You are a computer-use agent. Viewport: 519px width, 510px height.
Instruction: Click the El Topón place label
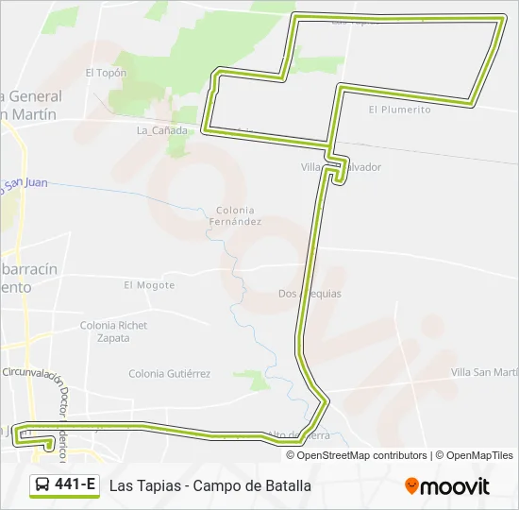105,72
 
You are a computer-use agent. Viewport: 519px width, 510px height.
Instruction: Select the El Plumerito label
399,110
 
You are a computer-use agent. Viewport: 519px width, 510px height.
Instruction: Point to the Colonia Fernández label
235,215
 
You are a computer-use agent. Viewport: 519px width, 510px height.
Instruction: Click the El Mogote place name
149,284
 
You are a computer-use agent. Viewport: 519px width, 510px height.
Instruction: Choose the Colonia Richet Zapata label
113,331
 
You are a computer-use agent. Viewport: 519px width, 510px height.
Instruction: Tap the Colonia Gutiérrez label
169,373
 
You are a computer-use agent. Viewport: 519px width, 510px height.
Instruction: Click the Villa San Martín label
485,372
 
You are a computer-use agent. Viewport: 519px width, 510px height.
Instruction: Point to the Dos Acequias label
310,294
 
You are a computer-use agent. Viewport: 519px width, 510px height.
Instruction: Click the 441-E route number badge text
75,485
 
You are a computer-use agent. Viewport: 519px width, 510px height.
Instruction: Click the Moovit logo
447,486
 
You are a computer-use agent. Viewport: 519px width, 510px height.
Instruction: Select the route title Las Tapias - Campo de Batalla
209,486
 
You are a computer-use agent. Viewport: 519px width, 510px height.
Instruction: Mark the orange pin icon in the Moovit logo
411,486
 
